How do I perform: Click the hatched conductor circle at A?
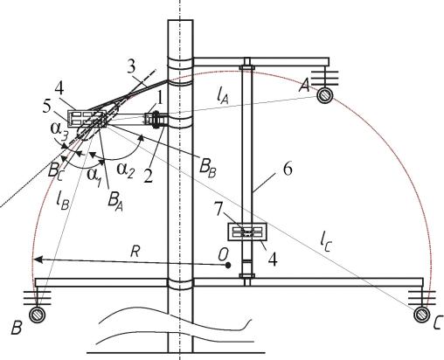pyautogui.click(x=324, y=95)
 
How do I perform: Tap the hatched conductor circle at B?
pyautogui.click(x=38, y=315)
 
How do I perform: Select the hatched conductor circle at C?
pyautogui.click(x=421, y=315)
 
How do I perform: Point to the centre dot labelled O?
pyautogui.click(x=228, y=266)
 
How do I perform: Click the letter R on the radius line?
pyautogui.click(x=135, y=252)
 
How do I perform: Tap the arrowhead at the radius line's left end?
pyautogui.click(x=38, y=260)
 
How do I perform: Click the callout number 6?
pyautogui.click(x=288, y=170)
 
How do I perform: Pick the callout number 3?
pyautogui.click(x=131, y=66)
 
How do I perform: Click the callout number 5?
pyautogui.click(x=46, y=107)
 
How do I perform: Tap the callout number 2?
pyautogui.click(x=149, y=176)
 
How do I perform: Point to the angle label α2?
pyautogui.click(x=126, y=170)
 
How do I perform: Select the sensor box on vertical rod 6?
pyautogui.click(x=247, y=232)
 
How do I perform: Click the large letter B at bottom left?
pyautogui.click(x=17, y=329)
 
